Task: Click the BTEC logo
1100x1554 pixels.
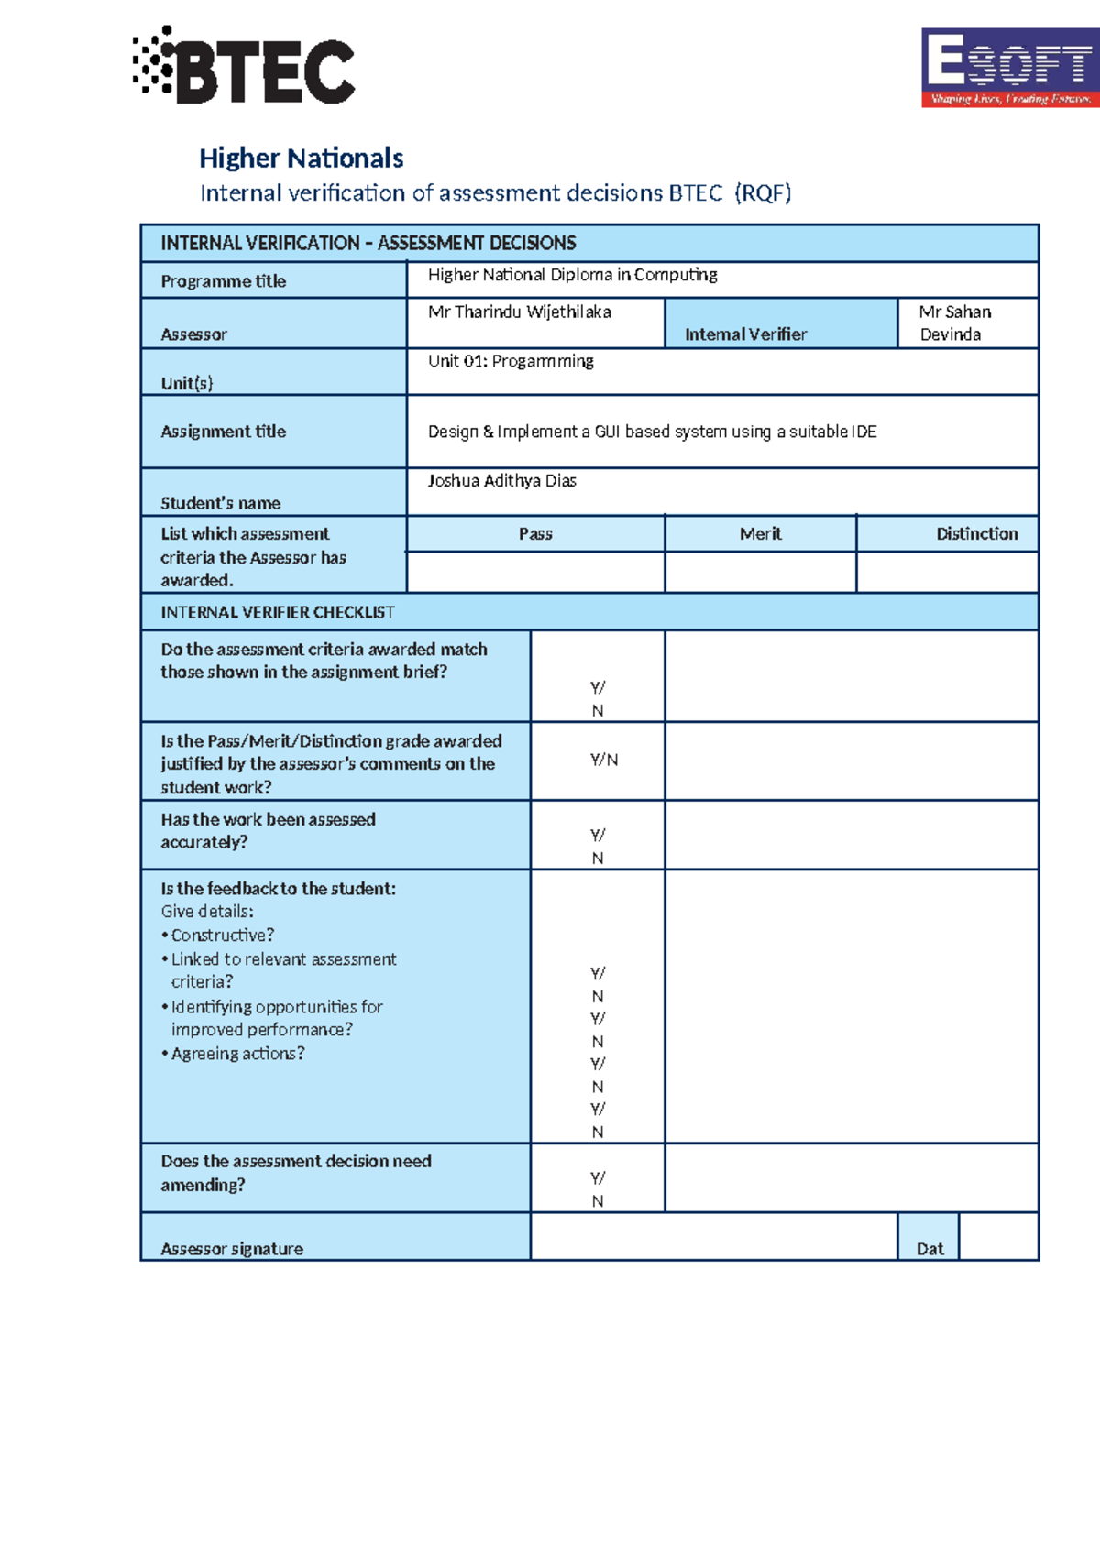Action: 245,67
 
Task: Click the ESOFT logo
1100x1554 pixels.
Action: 1008,68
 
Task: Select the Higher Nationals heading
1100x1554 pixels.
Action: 301,159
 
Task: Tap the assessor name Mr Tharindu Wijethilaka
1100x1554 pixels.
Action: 519,312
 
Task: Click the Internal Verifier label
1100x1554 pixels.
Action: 745,334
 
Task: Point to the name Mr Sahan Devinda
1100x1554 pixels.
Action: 954,323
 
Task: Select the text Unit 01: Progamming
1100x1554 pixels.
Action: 511,361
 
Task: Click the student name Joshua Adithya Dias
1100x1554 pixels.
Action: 501,481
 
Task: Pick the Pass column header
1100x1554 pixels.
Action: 535,534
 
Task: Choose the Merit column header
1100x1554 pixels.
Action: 760,534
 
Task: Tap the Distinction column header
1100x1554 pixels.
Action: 976,534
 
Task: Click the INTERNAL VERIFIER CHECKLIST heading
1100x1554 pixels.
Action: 278,612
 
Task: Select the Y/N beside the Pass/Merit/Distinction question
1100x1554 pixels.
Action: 603,760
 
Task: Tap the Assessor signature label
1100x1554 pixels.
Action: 232,1249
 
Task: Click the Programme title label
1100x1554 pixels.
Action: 224,281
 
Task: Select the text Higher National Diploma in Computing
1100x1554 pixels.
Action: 572,275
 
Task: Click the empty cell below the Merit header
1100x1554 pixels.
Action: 760,573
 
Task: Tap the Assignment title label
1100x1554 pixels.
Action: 224,432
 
